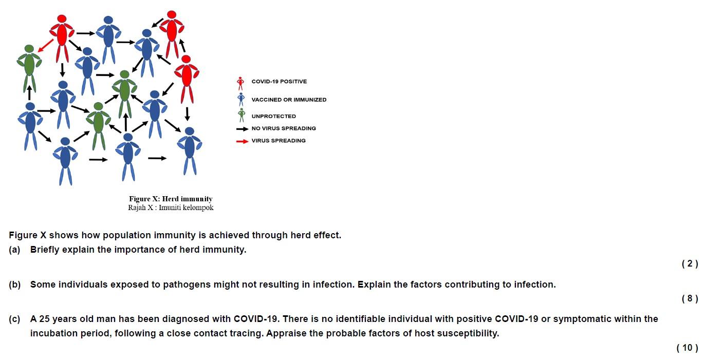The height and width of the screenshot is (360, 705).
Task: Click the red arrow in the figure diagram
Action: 45,44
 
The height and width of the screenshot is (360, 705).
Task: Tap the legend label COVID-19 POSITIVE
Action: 279,82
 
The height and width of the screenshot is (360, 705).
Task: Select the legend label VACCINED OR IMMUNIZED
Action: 289,100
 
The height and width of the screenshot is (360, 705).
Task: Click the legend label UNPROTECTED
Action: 273,116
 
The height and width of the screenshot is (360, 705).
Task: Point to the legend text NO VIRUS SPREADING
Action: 284,128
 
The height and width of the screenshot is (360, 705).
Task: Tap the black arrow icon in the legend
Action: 242,129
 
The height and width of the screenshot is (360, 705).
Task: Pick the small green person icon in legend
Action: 241,115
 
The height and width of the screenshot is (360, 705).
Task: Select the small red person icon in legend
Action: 240,83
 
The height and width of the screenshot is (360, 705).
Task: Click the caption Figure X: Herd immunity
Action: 171,199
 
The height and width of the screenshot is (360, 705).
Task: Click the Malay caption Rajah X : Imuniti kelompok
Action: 171,208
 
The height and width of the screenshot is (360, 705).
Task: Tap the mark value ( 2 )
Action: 690,264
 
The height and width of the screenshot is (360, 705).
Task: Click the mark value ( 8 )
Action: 690,299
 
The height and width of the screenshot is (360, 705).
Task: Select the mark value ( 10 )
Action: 688,348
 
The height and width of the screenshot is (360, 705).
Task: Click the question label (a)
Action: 14,250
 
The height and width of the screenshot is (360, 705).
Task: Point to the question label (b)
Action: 14,285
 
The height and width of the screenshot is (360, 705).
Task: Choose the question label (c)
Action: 14,319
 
